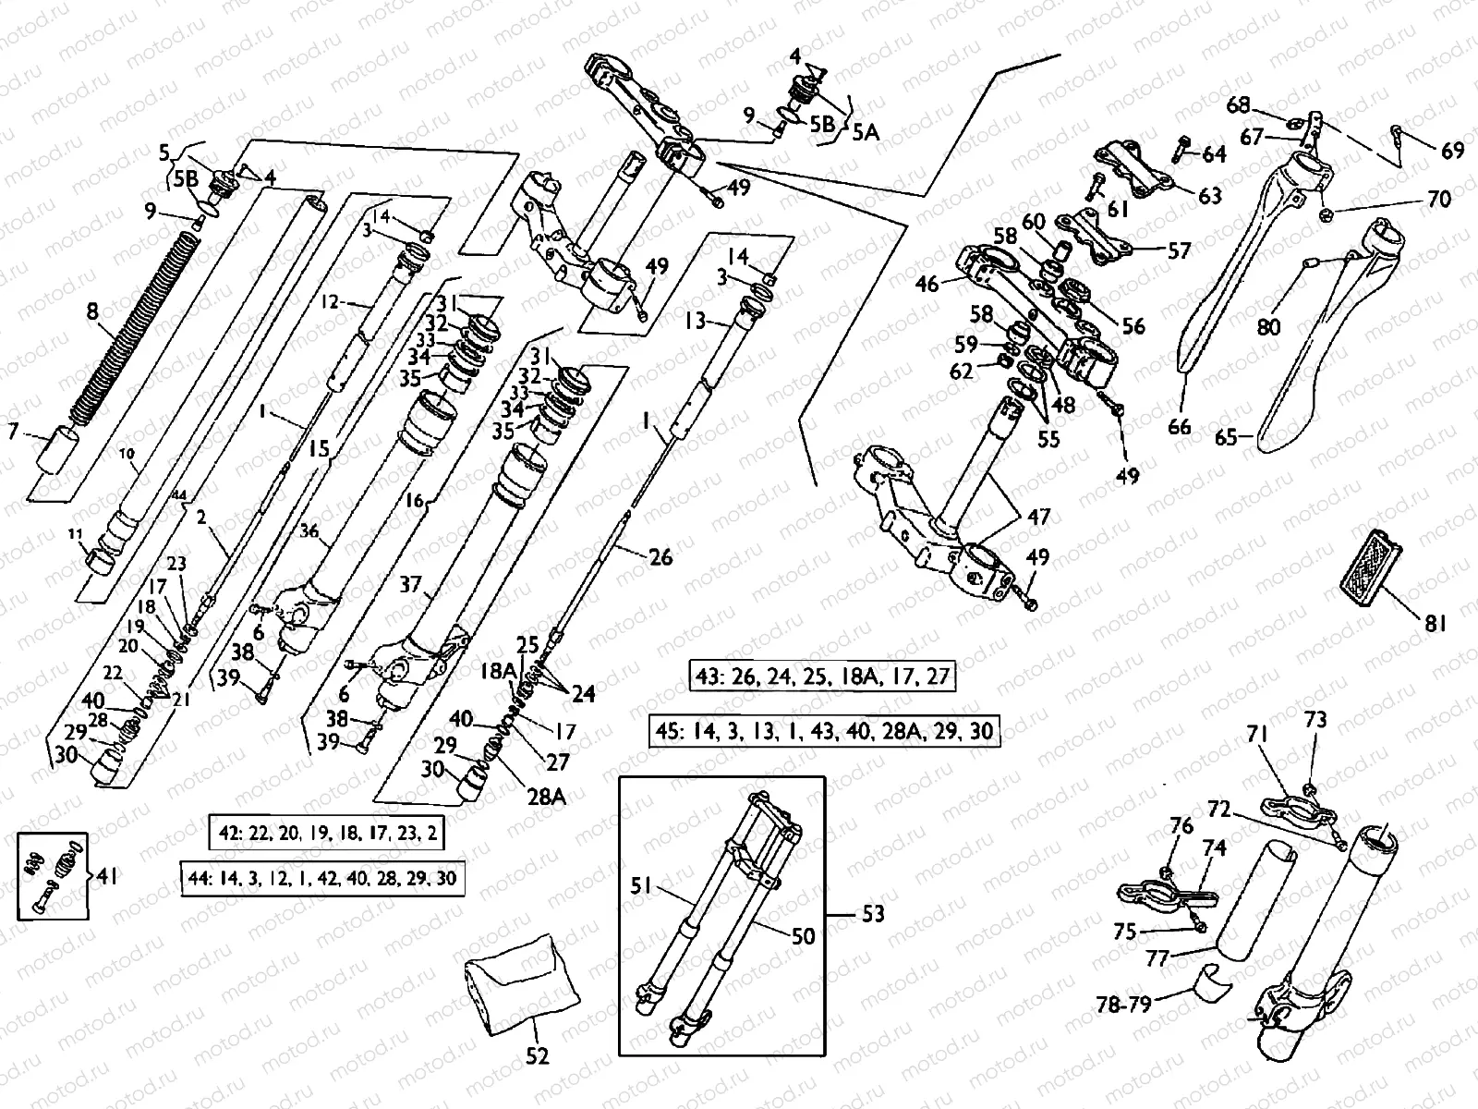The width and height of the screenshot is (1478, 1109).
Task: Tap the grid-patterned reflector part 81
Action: pos(1367,562)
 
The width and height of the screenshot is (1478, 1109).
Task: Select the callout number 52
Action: pos(537,1055)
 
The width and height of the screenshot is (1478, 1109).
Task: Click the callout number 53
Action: pos(872,914)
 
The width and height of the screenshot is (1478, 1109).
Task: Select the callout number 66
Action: pos(1180,427)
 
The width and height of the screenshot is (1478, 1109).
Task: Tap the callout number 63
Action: pos(1209,195)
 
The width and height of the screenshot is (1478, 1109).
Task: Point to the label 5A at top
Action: pos(866,132)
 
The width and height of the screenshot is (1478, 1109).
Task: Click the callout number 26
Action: pos(660,556)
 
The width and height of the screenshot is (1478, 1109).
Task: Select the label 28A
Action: pos(546,796)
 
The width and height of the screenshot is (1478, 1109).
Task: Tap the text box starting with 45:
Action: pos(825,731)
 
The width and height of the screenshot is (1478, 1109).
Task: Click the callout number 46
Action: pos(927,284)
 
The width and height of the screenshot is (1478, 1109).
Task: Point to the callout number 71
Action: pos(1258,735)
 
